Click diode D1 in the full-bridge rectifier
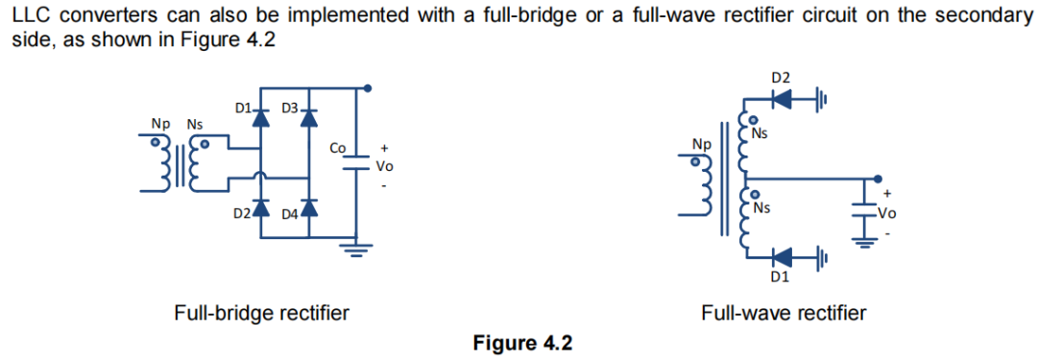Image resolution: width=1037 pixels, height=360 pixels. (260, 117)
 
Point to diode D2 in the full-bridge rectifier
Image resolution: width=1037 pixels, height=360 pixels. (260, 207)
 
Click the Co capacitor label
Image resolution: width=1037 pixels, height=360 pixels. (337, 149)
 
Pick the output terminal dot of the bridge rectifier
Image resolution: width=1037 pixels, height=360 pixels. (368, 88)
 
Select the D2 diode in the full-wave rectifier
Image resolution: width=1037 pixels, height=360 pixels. (783, 99)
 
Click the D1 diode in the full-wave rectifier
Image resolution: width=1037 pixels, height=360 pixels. (783, 256)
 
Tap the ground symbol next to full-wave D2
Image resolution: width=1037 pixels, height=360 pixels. (821, 99)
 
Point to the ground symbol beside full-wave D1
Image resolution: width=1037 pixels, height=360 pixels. (821, 256)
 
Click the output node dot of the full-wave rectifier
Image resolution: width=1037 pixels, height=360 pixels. (877, 179)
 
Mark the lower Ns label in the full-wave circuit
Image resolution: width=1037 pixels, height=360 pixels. (763, 207)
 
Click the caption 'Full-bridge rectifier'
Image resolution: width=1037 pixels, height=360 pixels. (261, 312)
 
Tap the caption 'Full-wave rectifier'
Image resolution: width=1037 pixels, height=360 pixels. (784, 312)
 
